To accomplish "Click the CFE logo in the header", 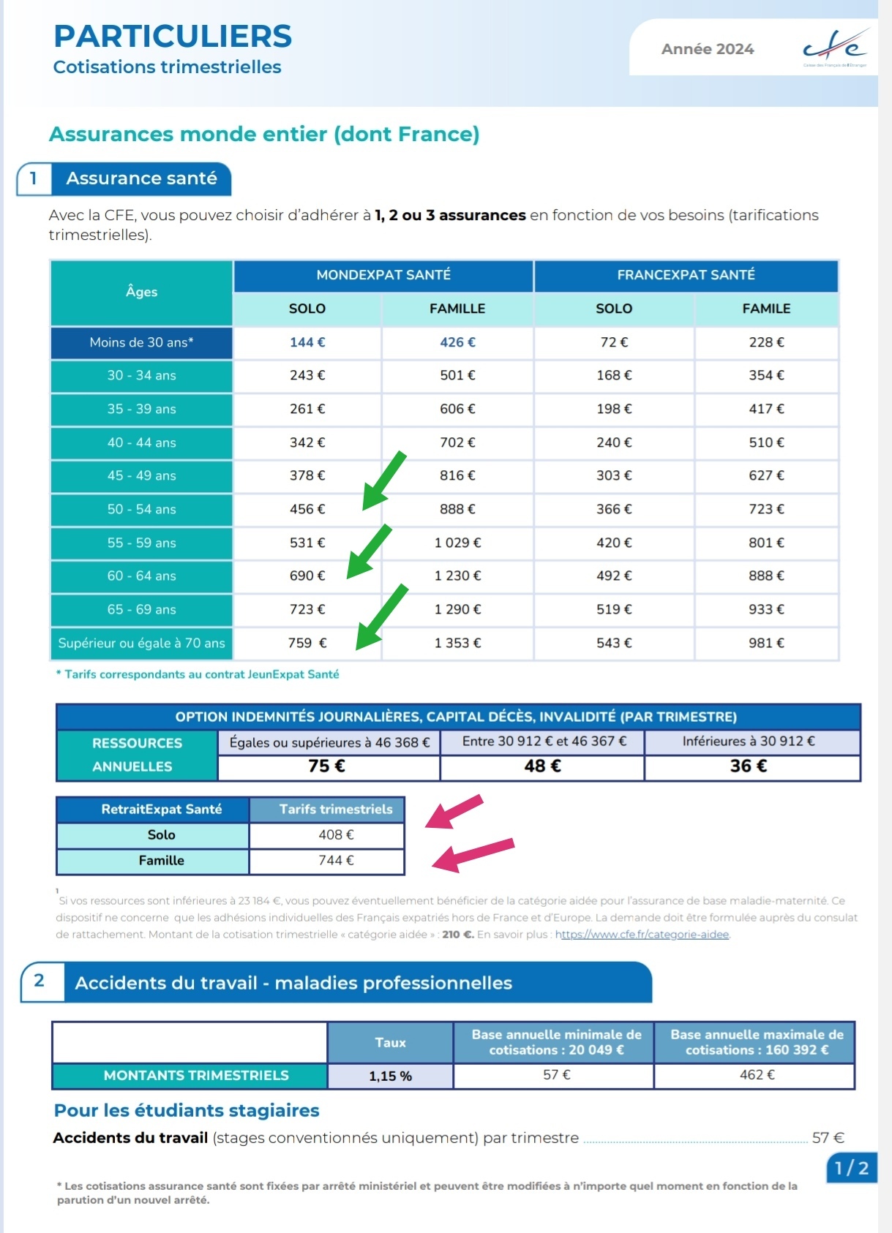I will coord(835,48).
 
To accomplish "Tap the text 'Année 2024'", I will coord(707,49).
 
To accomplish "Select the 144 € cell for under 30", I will coord(307,342).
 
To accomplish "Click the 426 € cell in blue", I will coord(457,342).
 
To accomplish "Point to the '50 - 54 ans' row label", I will coord(141,509).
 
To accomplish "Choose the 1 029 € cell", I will coord(457,543).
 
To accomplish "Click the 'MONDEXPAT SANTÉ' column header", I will coord(383,275).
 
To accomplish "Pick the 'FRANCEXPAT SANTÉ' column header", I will coord(686,275).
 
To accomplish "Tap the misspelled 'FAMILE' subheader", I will coord(766,309).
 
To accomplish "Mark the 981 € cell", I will coord(766,643).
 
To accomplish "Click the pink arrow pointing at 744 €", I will coord(472,854).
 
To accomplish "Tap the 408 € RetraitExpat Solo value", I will coord(336,834).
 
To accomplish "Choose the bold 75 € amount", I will coord(326,766).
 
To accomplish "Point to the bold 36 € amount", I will coord(749,766).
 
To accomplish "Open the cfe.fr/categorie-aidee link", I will coord(642,935).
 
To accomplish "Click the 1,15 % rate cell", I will coord(390,1076).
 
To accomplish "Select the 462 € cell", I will coord(757,1075).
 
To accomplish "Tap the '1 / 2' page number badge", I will coord(851,1168).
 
